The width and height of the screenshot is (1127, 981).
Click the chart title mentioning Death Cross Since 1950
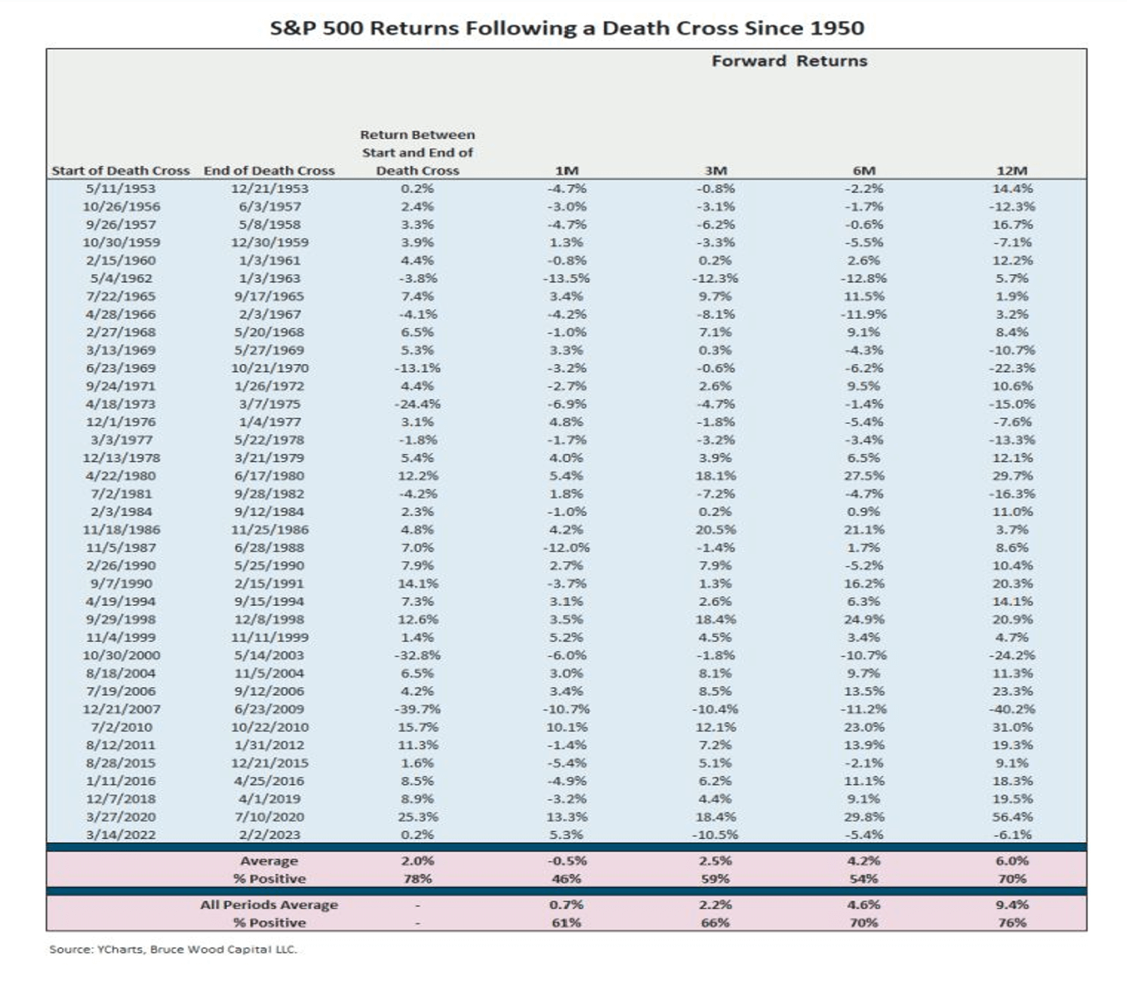(567, 29)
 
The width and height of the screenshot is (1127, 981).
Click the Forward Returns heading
(789, 61)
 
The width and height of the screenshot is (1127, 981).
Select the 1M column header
(566, 171)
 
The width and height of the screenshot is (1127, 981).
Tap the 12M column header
(1011, 171)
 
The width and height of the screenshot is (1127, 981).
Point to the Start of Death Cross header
(121, 171)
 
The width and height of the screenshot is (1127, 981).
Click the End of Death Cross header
(269, 171)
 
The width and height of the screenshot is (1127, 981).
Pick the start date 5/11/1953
(121, 189)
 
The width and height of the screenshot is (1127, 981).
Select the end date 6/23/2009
(269, 710)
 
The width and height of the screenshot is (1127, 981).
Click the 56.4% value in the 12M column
(1011, 817)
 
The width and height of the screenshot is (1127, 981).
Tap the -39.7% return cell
(417, 710)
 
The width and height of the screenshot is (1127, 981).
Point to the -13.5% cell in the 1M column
(566, 279)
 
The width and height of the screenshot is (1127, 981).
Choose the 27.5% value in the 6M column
(864, 476)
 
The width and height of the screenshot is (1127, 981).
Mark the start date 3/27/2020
(121, 817)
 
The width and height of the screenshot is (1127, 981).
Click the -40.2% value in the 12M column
(1011, 710)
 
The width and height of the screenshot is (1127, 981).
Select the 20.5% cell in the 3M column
(715, 529)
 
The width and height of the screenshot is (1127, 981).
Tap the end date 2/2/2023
(269, 835)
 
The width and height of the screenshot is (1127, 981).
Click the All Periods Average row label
(269, 905)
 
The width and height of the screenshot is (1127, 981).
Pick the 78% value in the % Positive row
(417, 879)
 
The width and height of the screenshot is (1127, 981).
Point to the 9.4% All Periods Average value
(1011, 905)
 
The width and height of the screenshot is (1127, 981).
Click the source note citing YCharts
(173, 949)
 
